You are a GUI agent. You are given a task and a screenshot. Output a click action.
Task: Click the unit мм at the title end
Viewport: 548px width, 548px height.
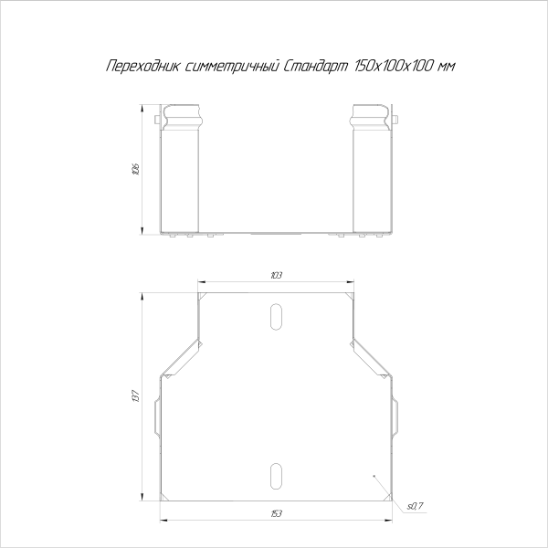point(446,67)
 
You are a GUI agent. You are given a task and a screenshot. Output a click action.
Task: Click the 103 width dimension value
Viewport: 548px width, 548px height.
point(277,275)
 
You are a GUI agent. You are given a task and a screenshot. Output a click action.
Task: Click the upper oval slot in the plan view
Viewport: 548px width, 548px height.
point(276,315)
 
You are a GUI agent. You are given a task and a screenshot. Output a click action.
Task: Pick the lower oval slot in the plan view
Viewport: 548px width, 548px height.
point(276,475)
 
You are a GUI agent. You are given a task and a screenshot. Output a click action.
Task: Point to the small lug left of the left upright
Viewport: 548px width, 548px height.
point(159,120)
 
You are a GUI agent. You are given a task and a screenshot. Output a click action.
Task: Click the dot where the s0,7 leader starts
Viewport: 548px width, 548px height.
point(374,478)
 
